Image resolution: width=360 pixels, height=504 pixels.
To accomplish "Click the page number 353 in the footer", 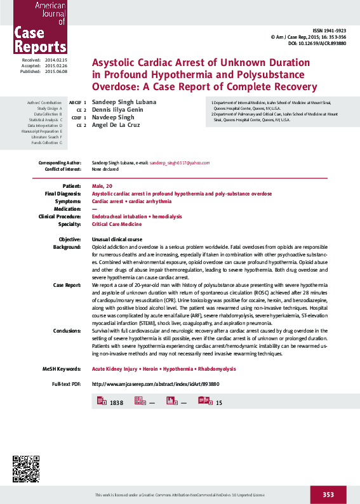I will (328, 494).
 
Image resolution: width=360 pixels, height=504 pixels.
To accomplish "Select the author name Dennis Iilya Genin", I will (117, 110).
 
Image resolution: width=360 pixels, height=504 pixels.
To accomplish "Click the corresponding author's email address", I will (179, 162).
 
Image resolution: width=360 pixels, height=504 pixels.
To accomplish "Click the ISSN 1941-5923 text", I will (329, 31).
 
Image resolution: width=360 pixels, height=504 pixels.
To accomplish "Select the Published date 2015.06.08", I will (56, 72).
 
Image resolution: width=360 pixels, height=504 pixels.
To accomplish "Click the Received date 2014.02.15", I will (56, 60).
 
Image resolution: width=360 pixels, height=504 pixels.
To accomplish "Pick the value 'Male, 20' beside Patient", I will (102, 185).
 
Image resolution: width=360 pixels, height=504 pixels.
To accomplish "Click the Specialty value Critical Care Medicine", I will (117, 224).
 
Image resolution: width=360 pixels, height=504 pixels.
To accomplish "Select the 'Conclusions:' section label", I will (67, 331).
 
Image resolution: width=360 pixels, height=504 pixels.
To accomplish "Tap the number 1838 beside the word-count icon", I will (116, 403).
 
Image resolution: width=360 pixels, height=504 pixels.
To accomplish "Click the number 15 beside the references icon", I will (219, 403).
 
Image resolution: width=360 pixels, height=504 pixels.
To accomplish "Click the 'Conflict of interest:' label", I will (63, 169).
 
